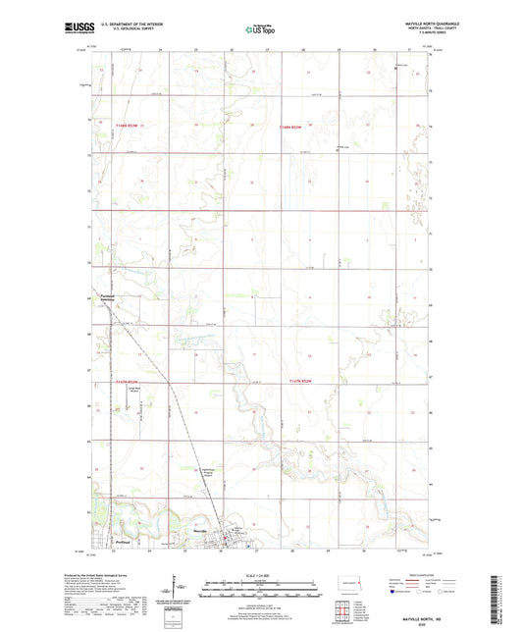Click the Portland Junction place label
point(109,298)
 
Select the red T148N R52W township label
point(290,127)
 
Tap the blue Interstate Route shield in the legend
point(394,595)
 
